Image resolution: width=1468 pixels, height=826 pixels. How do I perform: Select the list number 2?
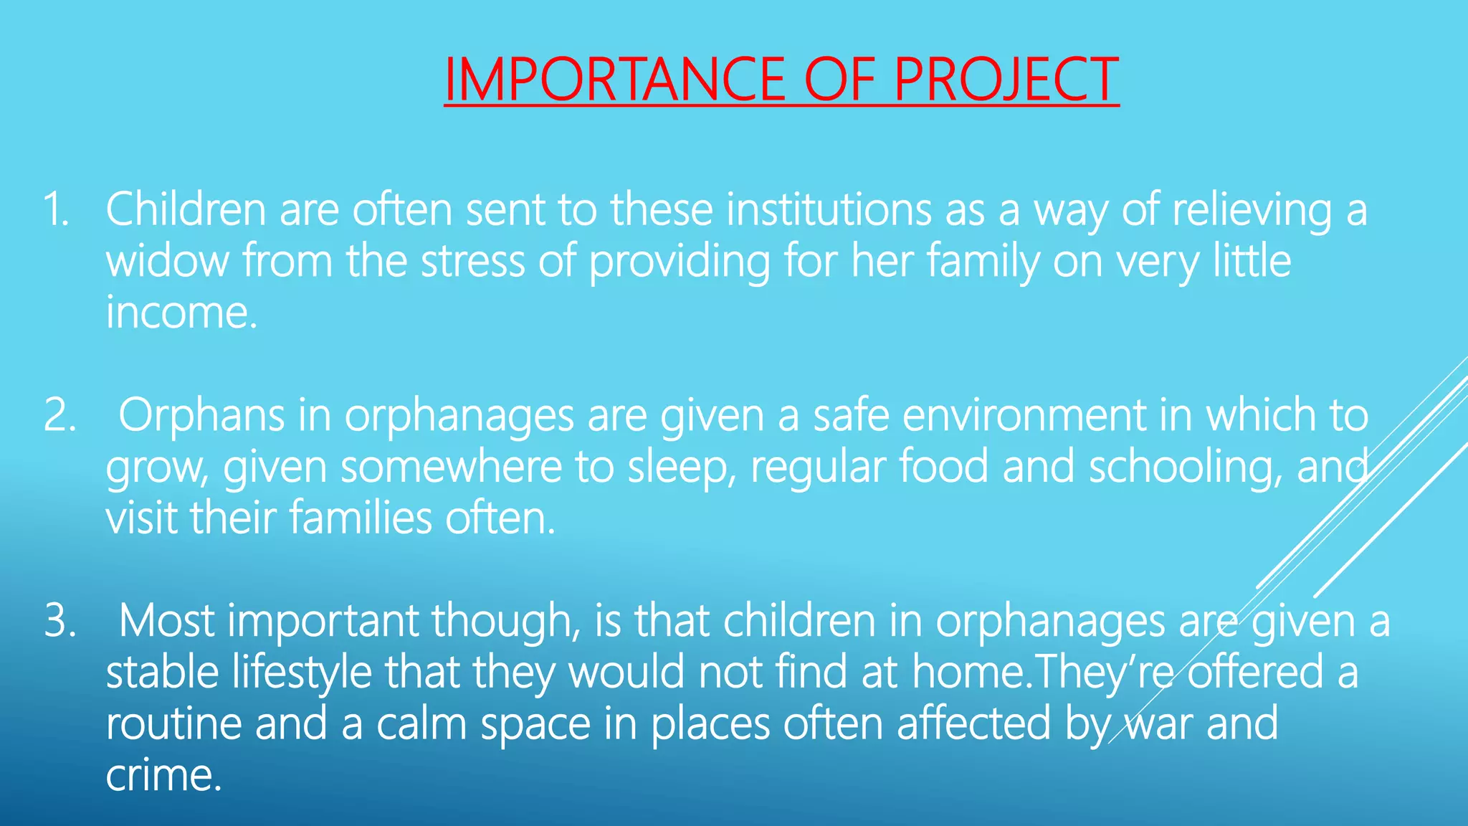tap(59, 416)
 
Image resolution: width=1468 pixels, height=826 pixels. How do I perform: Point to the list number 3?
tap(59, 621)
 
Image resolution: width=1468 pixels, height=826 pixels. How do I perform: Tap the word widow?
tap(167, 261)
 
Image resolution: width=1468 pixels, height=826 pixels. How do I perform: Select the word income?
tap(181, 313)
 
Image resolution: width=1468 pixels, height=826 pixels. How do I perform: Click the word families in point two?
tap(361, 518)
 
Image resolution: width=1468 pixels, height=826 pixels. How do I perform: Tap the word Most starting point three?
tap(166, 621)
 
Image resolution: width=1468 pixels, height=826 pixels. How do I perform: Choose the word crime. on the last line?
tap(163, 776)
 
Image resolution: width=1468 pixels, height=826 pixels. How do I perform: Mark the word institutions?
tap(829, 210)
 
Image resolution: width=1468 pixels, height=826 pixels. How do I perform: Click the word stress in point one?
tap(472, 261)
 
